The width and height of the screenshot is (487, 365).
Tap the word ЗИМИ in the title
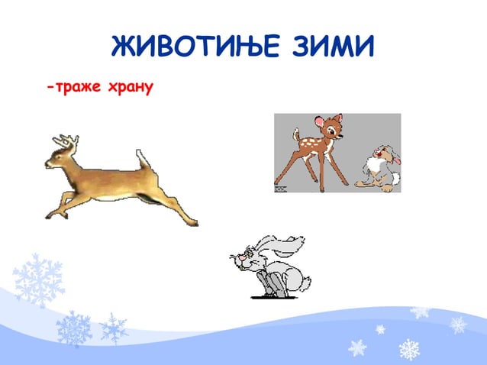coord(331,48)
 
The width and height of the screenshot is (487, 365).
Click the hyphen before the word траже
coord(50,88)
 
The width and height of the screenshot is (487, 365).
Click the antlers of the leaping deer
coord(66,141)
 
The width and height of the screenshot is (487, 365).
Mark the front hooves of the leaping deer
coord(47,215)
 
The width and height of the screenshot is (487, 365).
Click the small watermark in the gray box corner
coord(279,186)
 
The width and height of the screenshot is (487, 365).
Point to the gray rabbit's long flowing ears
coord(283,246)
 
